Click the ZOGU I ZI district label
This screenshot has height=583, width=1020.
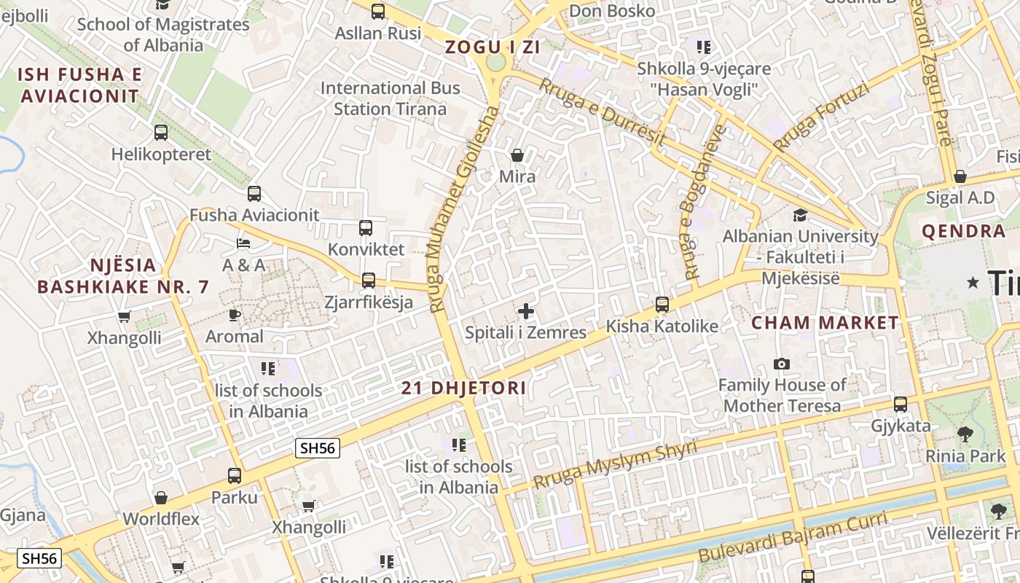pos(493,47)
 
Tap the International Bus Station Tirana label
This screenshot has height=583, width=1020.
pos(391,98)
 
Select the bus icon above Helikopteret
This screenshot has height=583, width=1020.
pos(161,133)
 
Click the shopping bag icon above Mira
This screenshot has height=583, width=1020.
pos(517,155)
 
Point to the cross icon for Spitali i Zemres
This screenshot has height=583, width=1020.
pos(525,312)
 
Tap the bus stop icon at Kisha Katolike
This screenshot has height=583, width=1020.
pos(662,305)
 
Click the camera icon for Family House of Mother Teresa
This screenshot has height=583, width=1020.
pos(782,364)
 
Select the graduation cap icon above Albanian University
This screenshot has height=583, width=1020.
pos(800,215)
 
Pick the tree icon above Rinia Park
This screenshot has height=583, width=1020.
pos(965,435)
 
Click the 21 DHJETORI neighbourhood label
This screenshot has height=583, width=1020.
pos(463,388)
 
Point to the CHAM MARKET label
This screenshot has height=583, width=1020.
pos(825,323)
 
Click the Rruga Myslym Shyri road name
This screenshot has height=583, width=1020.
pos(615,465)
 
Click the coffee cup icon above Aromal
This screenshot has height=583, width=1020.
pos(234,315)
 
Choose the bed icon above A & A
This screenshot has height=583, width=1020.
pos(243,243)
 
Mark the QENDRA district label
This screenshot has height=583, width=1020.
pos(963,232)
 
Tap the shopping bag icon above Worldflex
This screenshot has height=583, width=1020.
pos(161,498)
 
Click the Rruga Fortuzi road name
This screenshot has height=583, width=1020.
pos(821,117)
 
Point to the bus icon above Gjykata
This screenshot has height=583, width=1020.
pos(901,404)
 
